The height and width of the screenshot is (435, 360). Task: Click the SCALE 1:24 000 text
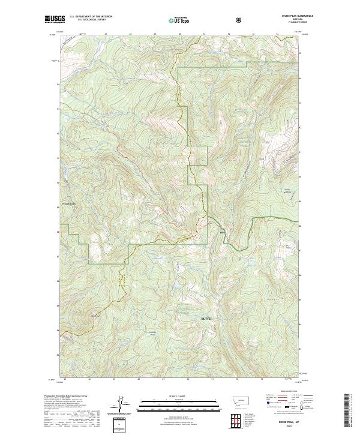tap(179, 396)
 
